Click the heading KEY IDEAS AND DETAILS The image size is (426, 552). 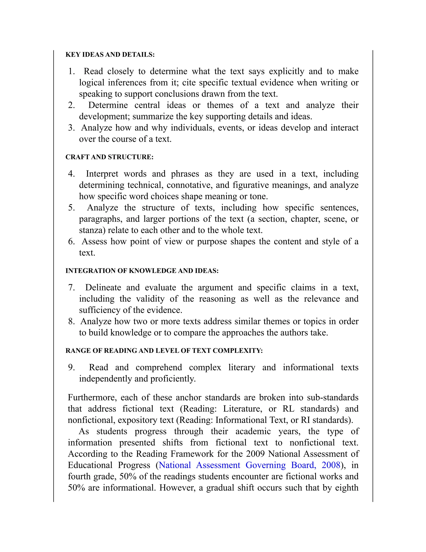tap(110, 55)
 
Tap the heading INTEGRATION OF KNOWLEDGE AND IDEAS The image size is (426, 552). tap(142, 271)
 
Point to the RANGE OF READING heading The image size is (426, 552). tap(164, 351)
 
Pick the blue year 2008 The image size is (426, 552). tap(331, 465)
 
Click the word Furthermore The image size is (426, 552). tap(92, 398)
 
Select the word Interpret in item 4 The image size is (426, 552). tap(102, 174)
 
